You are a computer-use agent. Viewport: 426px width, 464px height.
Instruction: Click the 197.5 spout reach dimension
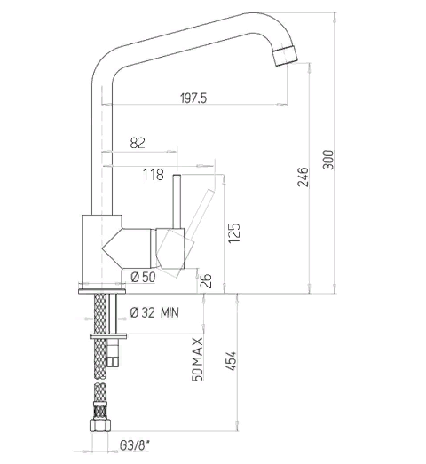tap(193, 98)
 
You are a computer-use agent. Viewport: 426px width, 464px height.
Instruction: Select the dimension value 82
tap(138, 143)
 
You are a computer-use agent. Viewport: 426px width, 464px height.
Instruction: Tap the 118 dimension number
tap(154, 175)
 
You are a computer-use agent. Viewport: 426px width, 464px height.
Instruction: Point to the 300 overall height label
tap(327, 160)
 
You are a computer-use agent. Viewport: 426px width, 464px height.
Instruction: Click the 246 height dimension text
tap(303, 177)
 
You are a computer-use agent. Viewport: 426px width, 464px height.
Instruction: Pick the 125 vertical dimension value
tap(234, 233)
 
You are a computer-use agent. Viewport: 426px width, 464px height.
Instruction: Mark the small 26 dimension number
tap(206, 280)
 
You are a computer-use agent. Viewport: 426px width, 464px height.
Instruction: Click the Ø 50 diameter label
tap(143, 278)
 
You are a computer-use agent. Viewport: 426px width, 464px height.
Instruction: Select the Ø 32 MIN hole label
tap(154, 312)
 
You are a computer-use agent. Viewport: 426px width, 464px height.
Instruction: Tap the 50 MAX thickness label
tap(197, 359)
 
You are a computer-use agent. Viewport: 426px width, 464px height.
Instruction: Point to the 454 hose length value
tap(231, 361)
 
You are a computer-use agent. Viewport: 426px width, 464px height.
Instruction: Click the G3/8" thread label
tap(135, 445)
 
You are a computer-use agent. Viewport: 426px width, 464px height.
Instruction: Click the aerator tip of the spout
tap(285, 55)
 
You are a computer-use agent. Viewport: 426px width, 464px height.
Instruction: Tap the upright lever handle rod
tap(177, 201)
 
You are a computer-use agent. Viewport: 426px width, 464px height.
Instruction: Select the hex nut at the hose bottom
tap(100, 426)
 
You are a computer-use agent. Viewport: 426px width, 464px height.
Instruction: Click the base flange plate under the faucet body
tap(102, 292)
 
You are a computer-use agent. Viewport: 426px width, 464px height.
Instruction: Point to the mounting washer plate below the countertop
tap(108, 336)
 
